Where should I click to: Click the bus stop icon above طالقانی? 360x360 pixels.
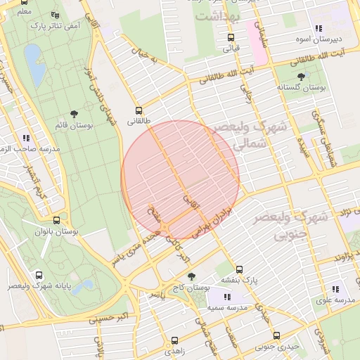coord(139,110)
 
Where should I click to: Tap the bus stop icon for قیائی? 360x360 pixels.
coord(231,38)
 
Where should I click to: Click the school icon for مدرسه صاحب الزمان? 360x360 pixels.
coord(26,139)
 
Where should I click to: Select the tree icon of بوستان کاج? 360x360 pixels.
coord(191,276)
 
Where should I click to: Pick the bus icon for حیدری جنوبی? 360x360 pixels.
coord(276,335)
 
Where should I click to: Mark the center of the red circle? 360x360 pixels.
coord(181,180)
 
